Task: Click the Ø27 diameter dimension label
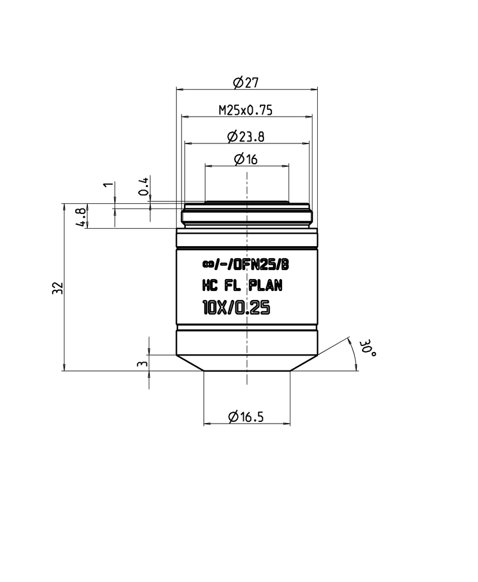[x=246, y=82]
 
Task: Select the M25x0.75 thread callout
[x=246, y=109]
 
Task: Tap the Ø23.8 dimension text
[x=246, y=136]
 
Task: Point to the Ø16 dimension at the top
[x=246, y=159]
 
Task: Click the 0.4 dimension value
[x=143, y=187]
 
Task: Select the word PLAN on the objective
[x=265, y=286]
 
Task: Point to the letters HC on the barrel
[x=210, y=286]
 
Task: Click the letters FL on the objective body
[x=235, y=286]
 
